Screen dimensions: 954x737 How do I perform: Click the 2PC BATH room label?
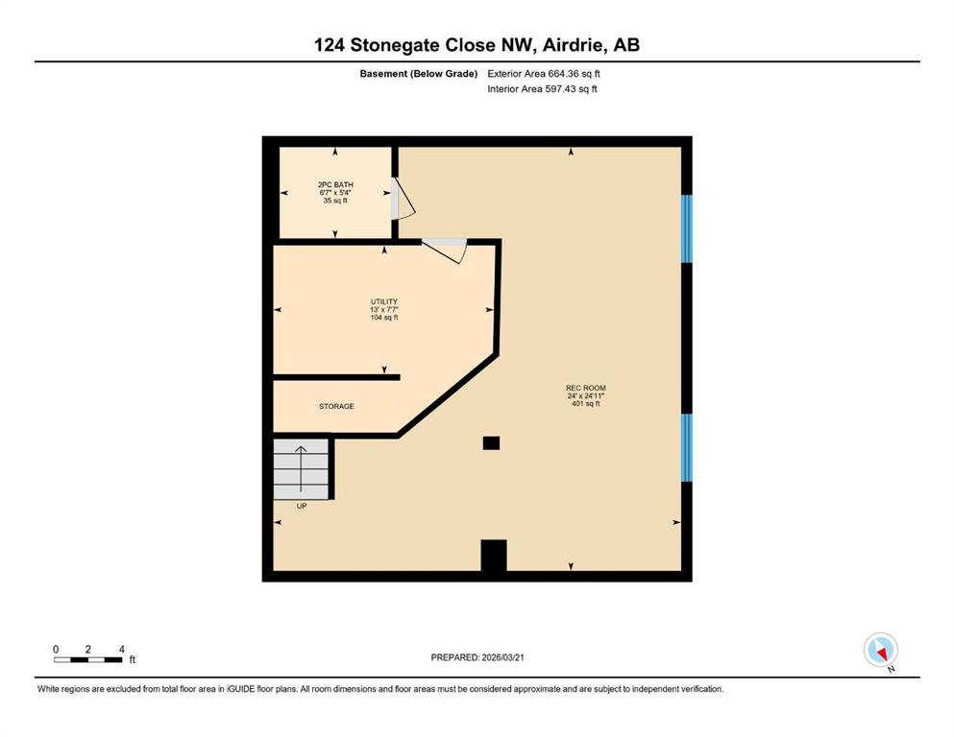(335, 184)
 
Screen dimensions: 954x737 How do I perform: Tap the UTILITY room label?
(384, 302)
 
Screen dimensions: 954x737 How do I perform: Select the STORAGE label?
(336, 407)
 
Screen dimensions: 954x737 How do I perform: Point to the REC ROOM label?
(586, 388)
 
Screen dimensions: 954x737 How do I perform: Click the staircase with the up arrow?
(301, 469)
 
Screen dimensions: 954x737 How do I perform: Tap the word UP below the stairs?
(301, 506)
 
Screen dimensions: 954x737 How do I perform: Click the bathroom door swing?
(403, 198)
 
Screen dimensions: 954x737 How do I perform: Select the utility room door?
(445, 250)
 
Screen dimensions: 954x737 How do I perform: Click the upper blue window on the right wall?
(686, 228)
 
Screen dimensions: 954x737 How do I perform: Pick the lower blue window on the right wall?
(686, 448)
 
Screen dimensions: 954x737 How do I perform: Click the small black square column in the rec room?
(491, 443)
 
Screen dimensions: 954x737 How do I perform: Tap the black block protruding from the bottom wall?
(494, 556)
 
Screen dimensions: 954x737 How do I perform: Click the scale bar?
(87, 660)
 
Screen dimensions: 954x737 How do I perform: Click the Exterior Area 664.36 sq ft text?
(544, 74)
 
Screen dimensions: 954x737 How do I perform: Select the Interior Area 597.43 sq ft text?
(542, 88)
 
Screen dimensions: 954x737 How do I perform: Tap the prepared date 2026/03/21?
(502, 657)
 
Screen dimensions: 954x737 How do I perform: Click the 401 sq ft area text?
(586, 403)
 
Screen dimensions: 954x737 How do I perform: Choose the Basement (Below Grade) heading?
(419, 74)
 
